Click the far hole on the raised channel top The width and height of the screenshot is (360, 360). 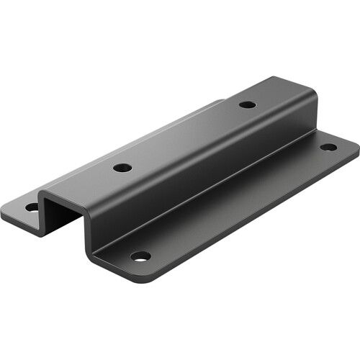(x=247, y=104)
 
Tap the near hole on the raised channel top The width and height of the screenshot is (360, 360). (x=122, y=168)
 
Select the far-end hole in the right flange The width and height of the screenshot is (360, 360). (x=328, y=147)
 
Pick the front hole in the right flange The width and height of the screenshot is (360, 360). (x=141, y=256)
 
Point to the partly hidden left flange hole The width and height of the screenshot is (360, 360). (x=32, y=207)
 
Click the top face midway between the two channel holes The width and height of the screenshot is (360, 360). (x=185, y=136)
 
